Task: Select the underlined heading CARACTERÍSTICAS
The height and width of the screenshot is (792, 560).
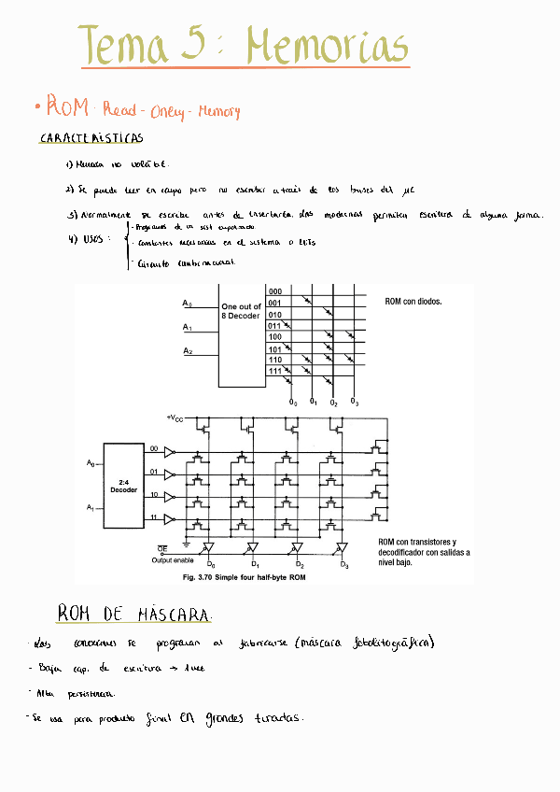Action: [x=91, y=138]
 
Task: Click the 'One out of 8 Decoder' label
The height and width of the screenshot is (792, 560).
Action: [x=241, y=311]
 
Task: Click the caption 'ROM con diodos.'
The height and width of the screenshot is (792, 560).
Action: [x=413, y=302]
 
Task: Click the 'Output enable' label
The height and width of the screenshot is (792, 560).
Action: [x=173, y=560]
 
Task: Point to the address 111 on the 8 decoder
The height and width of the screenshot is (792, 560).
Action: [x=275, y=371]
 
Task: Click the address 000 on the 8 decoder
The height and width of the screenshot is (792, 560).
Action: [x=275, y=291]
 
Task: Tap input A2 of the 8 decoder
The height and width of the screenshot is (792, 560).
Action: [x=188, y=351]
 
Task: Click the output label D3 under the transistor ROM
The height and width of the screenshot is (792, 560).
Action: [x=343, y=565]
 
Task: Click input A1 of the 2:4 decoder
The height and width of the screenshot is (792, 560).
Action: [x=91, y=507]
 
